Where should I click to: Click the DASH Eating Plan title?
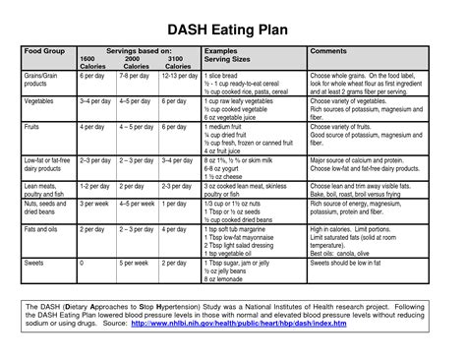pos(232,24)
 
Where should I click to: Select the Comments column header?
pos(327,49)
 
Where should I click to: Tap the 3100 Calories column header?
pos(178,62)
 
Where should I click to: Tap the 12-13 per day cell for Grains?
pos(179,75)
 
